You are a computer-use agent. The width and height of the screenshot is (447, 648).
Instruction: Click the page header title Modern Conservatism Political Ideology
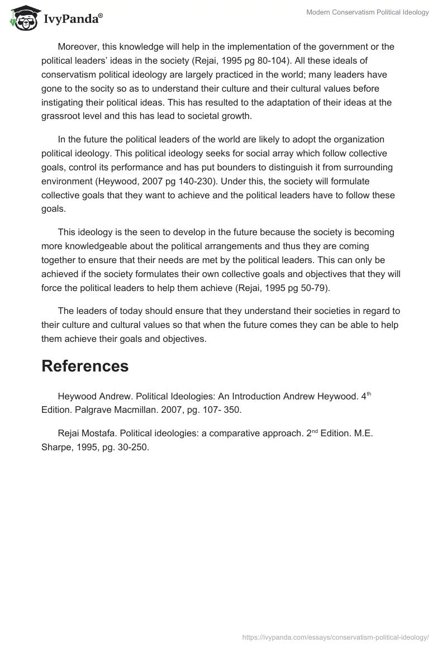[x=368, y=12]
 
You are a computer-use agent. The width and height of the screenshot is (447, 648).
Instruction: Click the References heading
[x=85, y=366]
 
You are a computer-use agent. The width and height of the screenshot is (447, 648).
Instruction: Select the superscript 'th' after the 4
[x=368, y=394]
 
